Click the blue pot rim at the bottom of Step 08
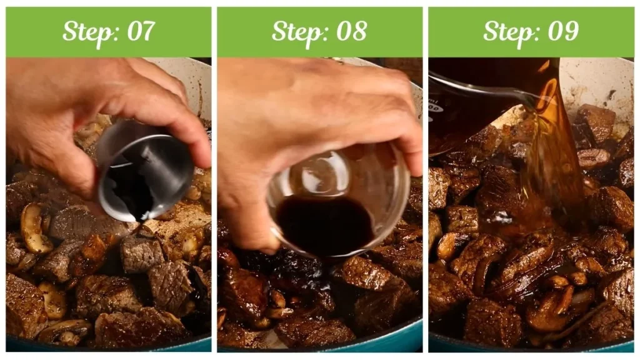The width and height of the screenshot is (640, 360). (x=387, y=342)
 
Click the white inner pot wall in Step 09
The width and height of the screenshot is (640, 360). (x=600, y=81)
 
